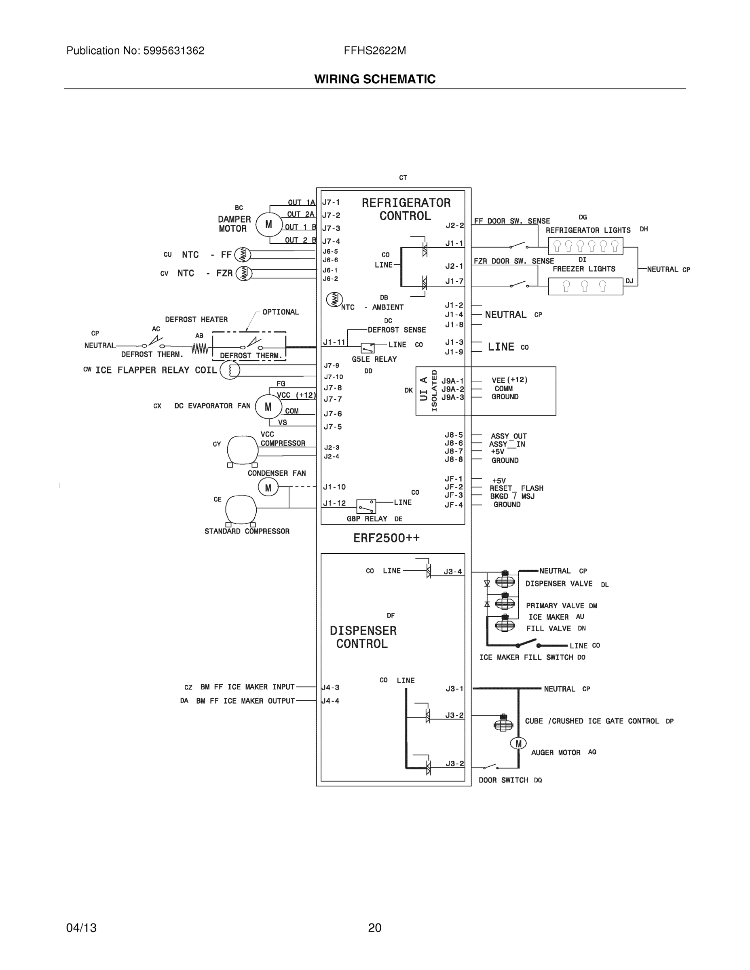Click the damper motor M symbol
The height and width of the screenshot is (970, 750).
click(x=269, y=225)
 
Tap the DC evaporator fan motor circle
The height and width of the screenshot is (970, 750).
click(x=268, y=407)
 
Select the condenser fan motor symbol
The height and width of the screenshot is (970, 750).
click(x=268, y=488)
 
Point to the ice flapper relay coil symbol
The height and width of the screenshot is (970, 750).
click(x=230, y=370)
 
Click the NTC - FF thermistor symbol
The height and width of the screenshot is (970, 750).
click(x=243, y=255)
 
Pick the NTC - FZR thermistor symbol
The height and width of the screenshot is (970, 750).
click(x=243, y=273)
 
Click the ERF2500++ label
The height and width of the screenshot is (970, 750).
click(x=386, y=538)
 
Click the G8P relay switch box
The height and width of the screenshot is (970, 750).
click(x=366, y=506)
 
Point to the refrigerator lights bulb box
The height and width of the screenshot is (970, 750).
click(x=585, y=246)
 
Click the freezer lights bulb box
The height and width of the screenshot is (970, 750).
click(x=585, y=287)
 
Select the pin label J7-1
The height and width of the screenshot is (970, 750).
click(x=331, y=202)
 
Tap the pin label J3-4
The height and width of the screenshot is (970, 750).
click(x=453, y=571)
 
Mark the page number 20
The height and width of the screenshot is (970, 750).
click(x=374, y=928)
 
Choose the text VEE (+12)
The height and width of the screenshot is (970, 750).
click(x=509, y=380)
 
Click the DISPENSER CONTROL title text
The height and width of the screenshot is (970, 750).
click(x=363, y=637)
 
